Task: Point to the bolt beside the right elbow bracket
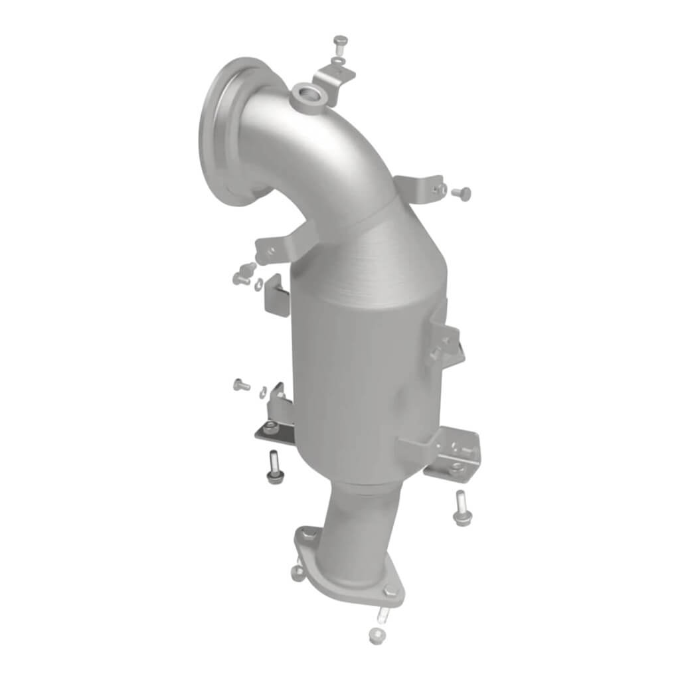point(460,193)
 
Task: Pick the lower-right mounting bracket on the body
point(452,452)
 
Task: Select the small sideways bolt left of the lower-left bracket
point(241,384)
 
